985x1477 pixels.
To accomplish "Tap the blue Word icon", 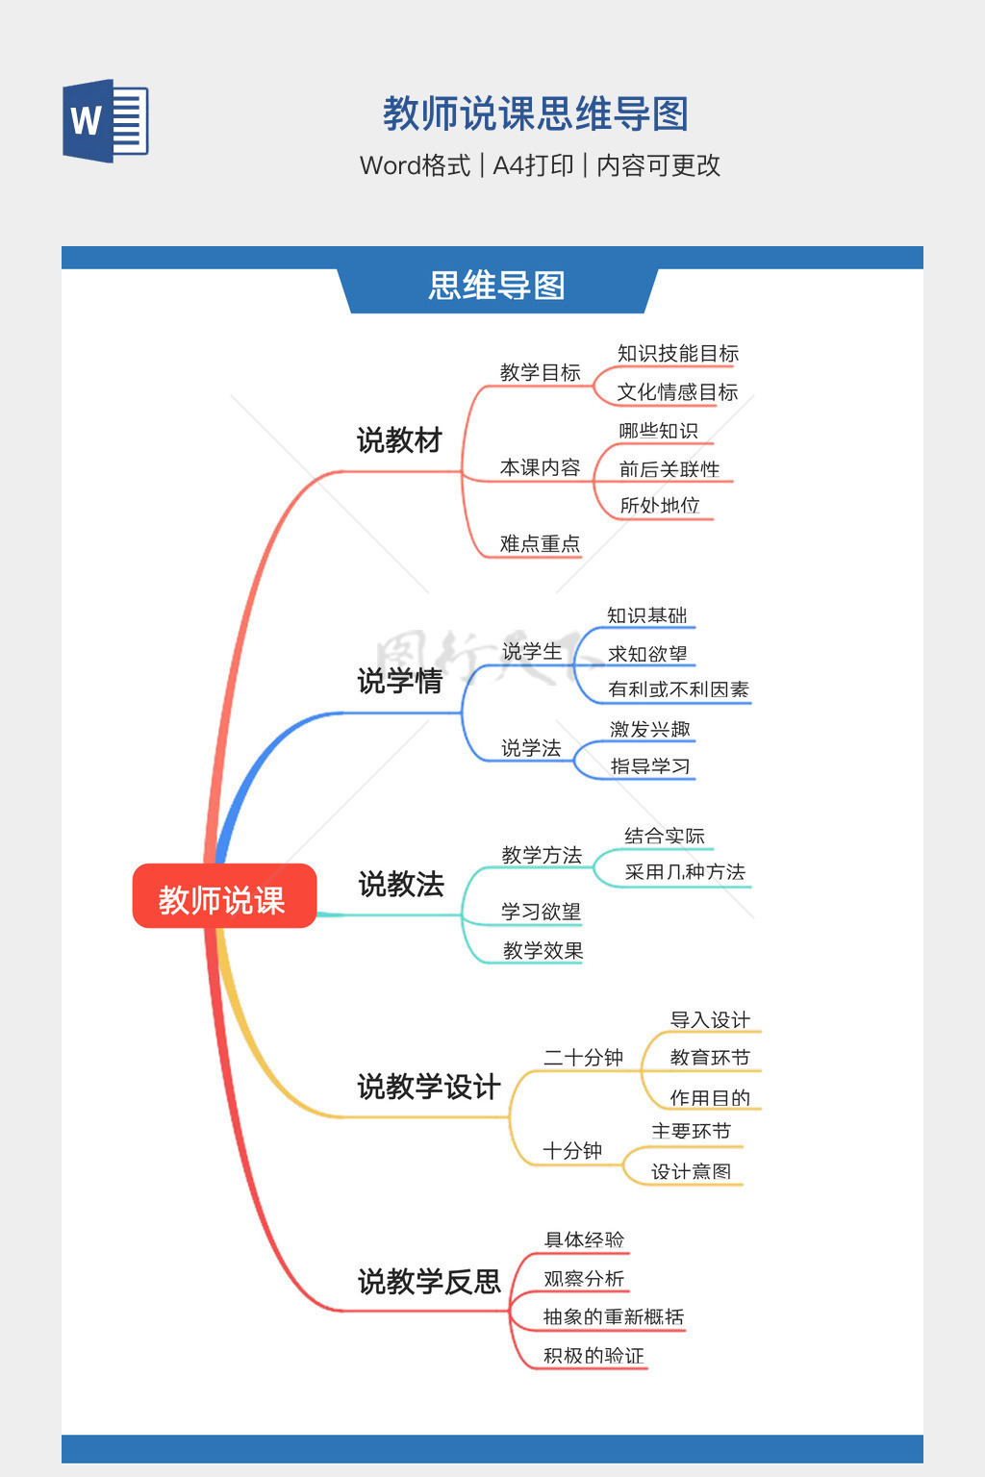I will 106,121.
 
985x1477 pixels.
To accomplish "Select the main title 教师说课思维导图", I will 536,113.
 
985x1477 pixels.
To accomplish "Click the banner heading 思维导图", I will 496,286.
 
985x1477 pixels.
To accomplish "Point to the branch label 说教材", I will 399,440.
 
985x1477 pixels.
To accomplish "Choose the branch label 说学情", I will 400,681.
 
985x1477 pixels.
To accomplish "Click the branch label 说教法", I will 401,884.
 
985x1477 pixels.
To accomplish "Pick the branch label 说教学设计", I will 429,1087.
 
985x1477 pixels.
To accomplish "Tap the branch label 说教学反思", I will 429,1281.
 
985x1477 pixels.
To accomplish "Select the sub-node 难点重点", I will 540,544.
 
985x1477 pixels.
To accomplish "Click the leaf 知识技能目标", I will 677,354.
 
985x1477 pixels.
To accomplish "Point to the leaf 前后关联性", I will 669,469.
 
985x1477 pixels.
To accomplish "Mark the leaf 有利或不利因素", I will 678,689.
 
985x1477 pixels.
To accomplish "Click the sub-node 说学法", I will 531,748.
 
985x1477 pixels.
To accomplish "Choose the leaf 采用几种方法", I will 685,872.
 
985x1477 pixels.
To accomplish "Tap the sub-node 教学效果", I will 543,951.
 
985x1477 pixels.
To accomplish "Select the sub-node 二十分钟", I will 583,1058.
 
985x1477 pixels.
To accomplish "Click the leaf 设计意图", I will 691,1171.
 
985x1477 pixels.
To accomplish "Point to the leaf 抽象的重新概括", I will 614,1316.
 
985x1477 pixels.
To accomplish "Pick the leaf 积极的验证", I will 594,1356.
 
